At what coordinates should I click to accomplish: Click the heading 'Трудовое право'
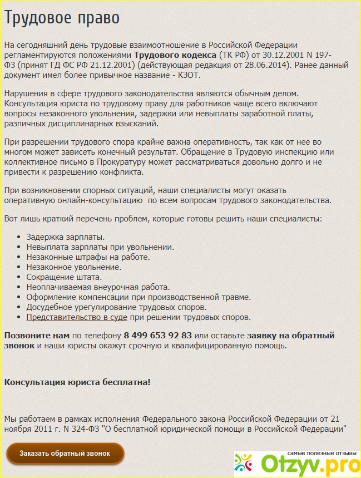click(62, 18)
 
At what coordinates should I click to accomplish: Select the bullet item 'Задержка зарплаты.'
click(66, 237)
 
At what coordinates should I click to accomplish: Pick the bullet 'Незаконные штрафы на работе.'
click(88, 257)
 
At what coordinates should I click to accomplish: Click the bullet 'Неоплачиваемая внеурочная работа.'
click(98, 287)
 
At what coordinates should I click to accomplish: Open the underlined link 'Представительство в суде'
click(77, 317)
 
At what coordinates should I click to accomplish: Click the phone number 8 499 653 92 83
click(158, 336)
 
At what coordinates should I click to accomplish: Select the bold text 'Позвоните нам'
click(37, 336)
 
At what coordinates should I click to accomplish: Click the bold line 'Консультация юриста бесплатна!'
click(77, 382)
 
